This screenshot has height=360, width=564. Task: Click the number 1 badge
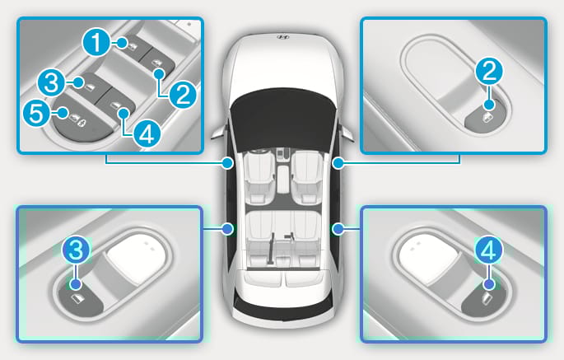click(x=96, y=43)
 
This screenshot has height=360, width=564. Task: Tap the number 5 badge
click(x=36, y=113)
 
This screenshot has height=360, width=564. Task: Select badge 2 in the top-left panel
click(x=183, y=95)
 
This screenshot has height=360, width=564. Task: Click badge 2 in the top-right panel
click(x=489, y=71)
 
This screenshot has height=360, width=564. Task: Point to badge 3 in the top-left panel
click(x=52, y=82)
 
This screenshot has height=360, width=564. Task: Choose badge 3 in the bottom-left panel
click(x=76, y=250)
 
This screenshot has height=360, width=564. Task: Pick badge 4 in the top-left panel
click(x=147, y=134)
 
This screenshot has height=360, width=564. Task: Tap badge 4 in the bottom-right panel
click(x=488, y=250)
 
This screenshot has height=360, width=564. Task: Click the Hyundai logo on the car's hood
click(x=283, y=37)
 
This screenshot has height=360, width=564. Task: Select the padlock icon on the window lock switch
click(x=82, y=123)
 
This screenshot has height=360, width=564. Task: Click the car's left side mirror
click(x=219, y=131)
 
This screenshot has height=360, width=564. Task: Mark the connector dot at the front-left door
click(x=227, y=163)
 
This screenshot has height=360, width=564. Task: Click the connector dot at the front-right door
click(x=338, y=163)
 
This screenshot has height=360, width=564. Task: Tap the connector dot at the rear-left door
click(x=227, y=228)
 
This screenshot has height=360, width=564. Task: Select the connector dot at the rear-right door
click(x=338, y=228)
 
